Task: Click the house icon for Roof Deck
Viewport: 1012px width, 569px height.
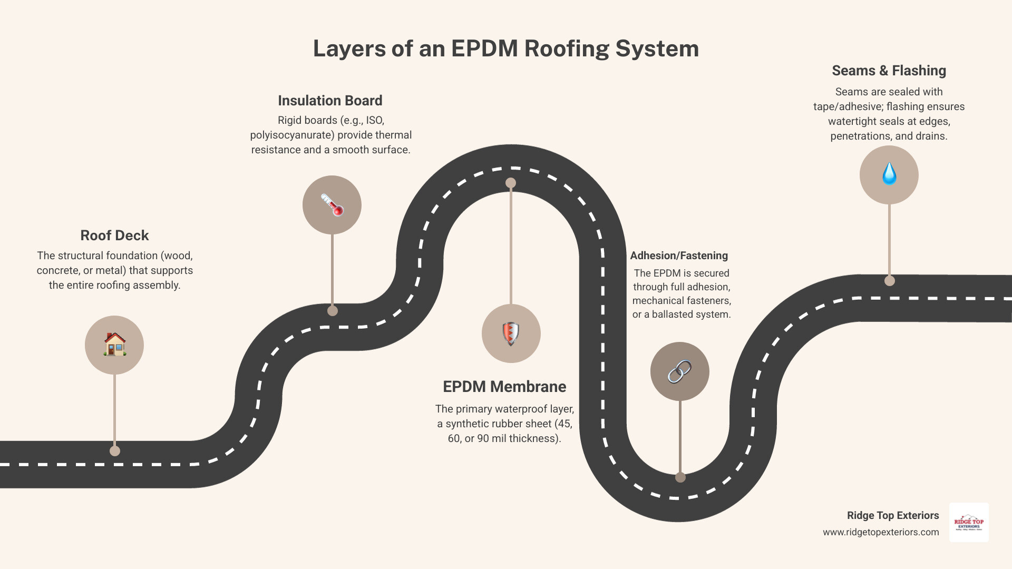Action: point(114,345)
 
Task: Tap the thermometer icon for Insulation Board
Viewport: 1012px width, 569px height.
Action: point(332,205)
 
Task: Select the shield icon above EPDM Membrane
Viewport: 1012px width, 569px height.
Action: point(511,333)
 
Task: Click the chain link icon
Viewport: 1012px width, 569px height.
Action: point(679,371)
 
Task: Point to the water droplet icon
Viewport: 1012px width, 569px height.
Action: point(889,174)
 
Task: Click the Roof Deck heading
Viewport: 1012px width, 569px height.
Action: point(114,236)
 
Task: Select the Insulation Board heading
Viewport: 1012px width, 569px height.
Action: point(330,101)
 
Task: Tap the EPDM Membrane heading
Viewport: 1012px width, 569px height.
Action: point(504,387)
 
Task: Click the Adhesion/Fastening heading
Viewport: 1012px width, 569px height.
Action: point(679,256)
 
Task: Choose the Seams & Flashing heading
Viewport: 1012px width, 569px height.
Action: point(889,71)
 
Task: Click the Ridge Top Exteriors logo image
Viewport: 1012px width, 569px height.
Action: point(969,522)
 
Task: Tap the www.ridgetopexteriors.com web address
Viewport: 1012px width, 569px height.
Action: point(881,532)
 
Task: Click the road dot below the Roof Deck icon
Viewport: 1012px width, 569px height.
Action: point(115,451)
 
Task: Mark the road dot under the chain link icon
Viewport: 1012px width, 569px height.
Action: point(680,477)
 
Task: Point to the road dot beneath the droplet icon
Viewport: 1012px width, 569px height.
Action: point(890,281)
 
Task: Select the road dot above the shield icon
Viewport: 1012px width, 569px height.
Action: point(511,183)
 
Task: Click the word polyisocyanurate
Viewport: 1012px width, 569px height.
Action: point(292,135)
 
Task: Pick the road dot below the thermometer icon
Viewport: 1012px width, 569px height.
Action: point(333,311)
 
